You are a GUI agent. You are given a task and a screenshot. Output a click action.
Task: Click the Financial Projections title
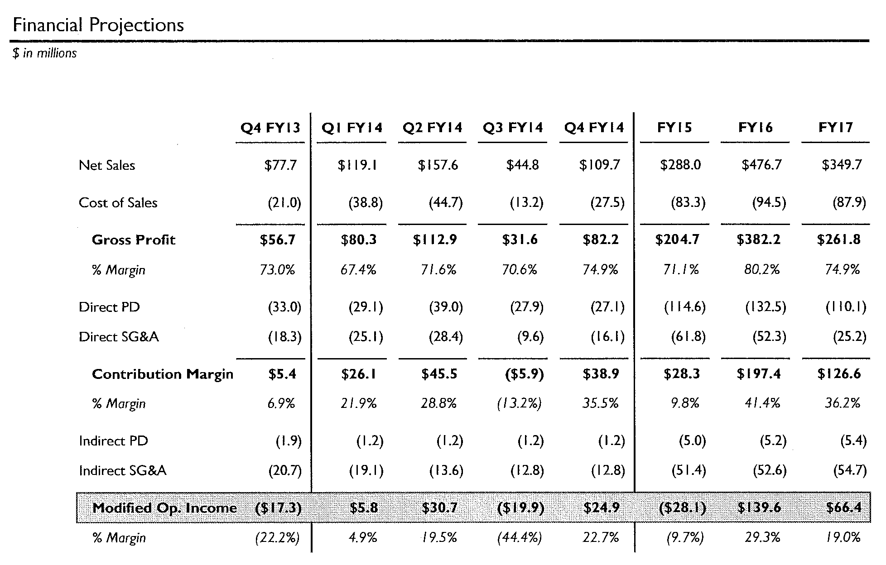point(98,25)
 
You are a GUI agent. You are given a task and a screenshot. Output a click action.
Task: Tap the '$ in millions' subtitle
point(45,53)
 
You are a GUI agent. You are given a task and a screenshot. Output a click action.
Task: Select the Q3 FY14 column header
point(513,128)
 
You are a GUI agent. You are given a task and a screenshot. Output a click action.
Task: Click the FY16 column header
point(756,128)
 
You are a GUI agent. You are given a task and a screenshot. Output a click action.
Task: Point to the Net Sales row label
point(107,165)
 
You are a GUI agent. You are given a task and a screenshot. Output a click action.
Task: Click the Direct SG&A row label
point(119,337)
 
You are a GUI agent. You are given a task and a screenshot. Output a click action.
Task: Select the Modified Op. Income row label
point(164,508)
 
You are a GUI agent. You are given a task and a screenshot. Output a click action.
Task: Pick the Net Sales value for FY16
point(761,165)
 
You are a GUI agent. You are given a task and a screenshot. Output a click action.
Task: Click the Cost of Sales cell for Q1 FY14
point(366,202)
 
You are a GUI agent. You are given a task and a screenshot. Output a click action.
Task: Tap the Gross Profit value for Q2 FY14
point(435,239)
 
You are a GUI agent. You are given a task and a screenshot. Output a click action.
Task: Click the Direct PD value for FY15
point(685,307)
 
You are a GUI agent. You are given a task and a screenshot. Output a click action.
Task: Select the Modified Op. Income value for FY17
point(844,508)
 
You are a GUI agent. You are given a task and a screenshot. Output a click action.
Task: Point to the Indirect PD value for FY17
point(853,441)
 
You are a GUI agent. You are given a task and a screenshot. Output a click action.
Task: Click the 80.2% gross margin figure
point(762,270)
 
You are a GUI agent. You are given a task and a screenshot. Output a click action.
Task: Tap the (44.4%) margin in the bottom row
point(519,537)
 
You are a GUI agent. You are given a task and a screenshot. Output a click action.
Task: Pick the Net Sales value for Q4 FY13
point(280,165)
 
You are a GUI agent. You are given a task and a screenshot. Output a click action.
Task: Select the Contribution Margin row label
point(163,374)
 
